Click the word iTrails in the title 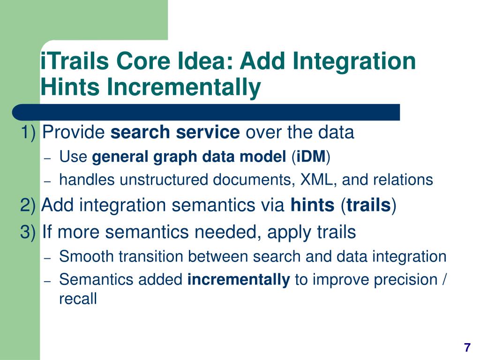pyautogui.click(x=75, y=60)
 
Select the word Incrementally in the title pyautogui.click(x=184, y=87)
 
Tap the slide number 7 pyautogui.click(x=467, y=347)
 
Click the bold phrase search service pyautogui.click(x=175, y=132)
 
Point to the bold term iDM pyautogui.click(x=311, y=157)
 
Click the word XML pyautogui.click(x=316, y=180)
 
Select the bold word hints pyautogui.click(x=312, y=205)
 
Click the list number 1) pyautogui.click(x=28, y=133)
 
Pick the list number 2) pyautogui.click(x=28, y=205)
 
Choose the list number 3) pyautogui.click(x=28, y=232)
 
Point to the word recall pyautogui.click(x=78, y=299)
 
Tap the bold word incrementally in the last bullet pyautogui.click(x=239, y=279)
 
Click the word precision pyautogui.click(x=405, y=280)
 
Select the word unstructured pyautogui.click(x=164, y=180)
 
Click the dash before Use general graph pyautogui.click(x=47, y=158)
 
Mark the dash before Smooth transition pyautogui.click(x=47, y=258)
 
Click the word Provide pyautogui.click(x=74, y=132)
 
